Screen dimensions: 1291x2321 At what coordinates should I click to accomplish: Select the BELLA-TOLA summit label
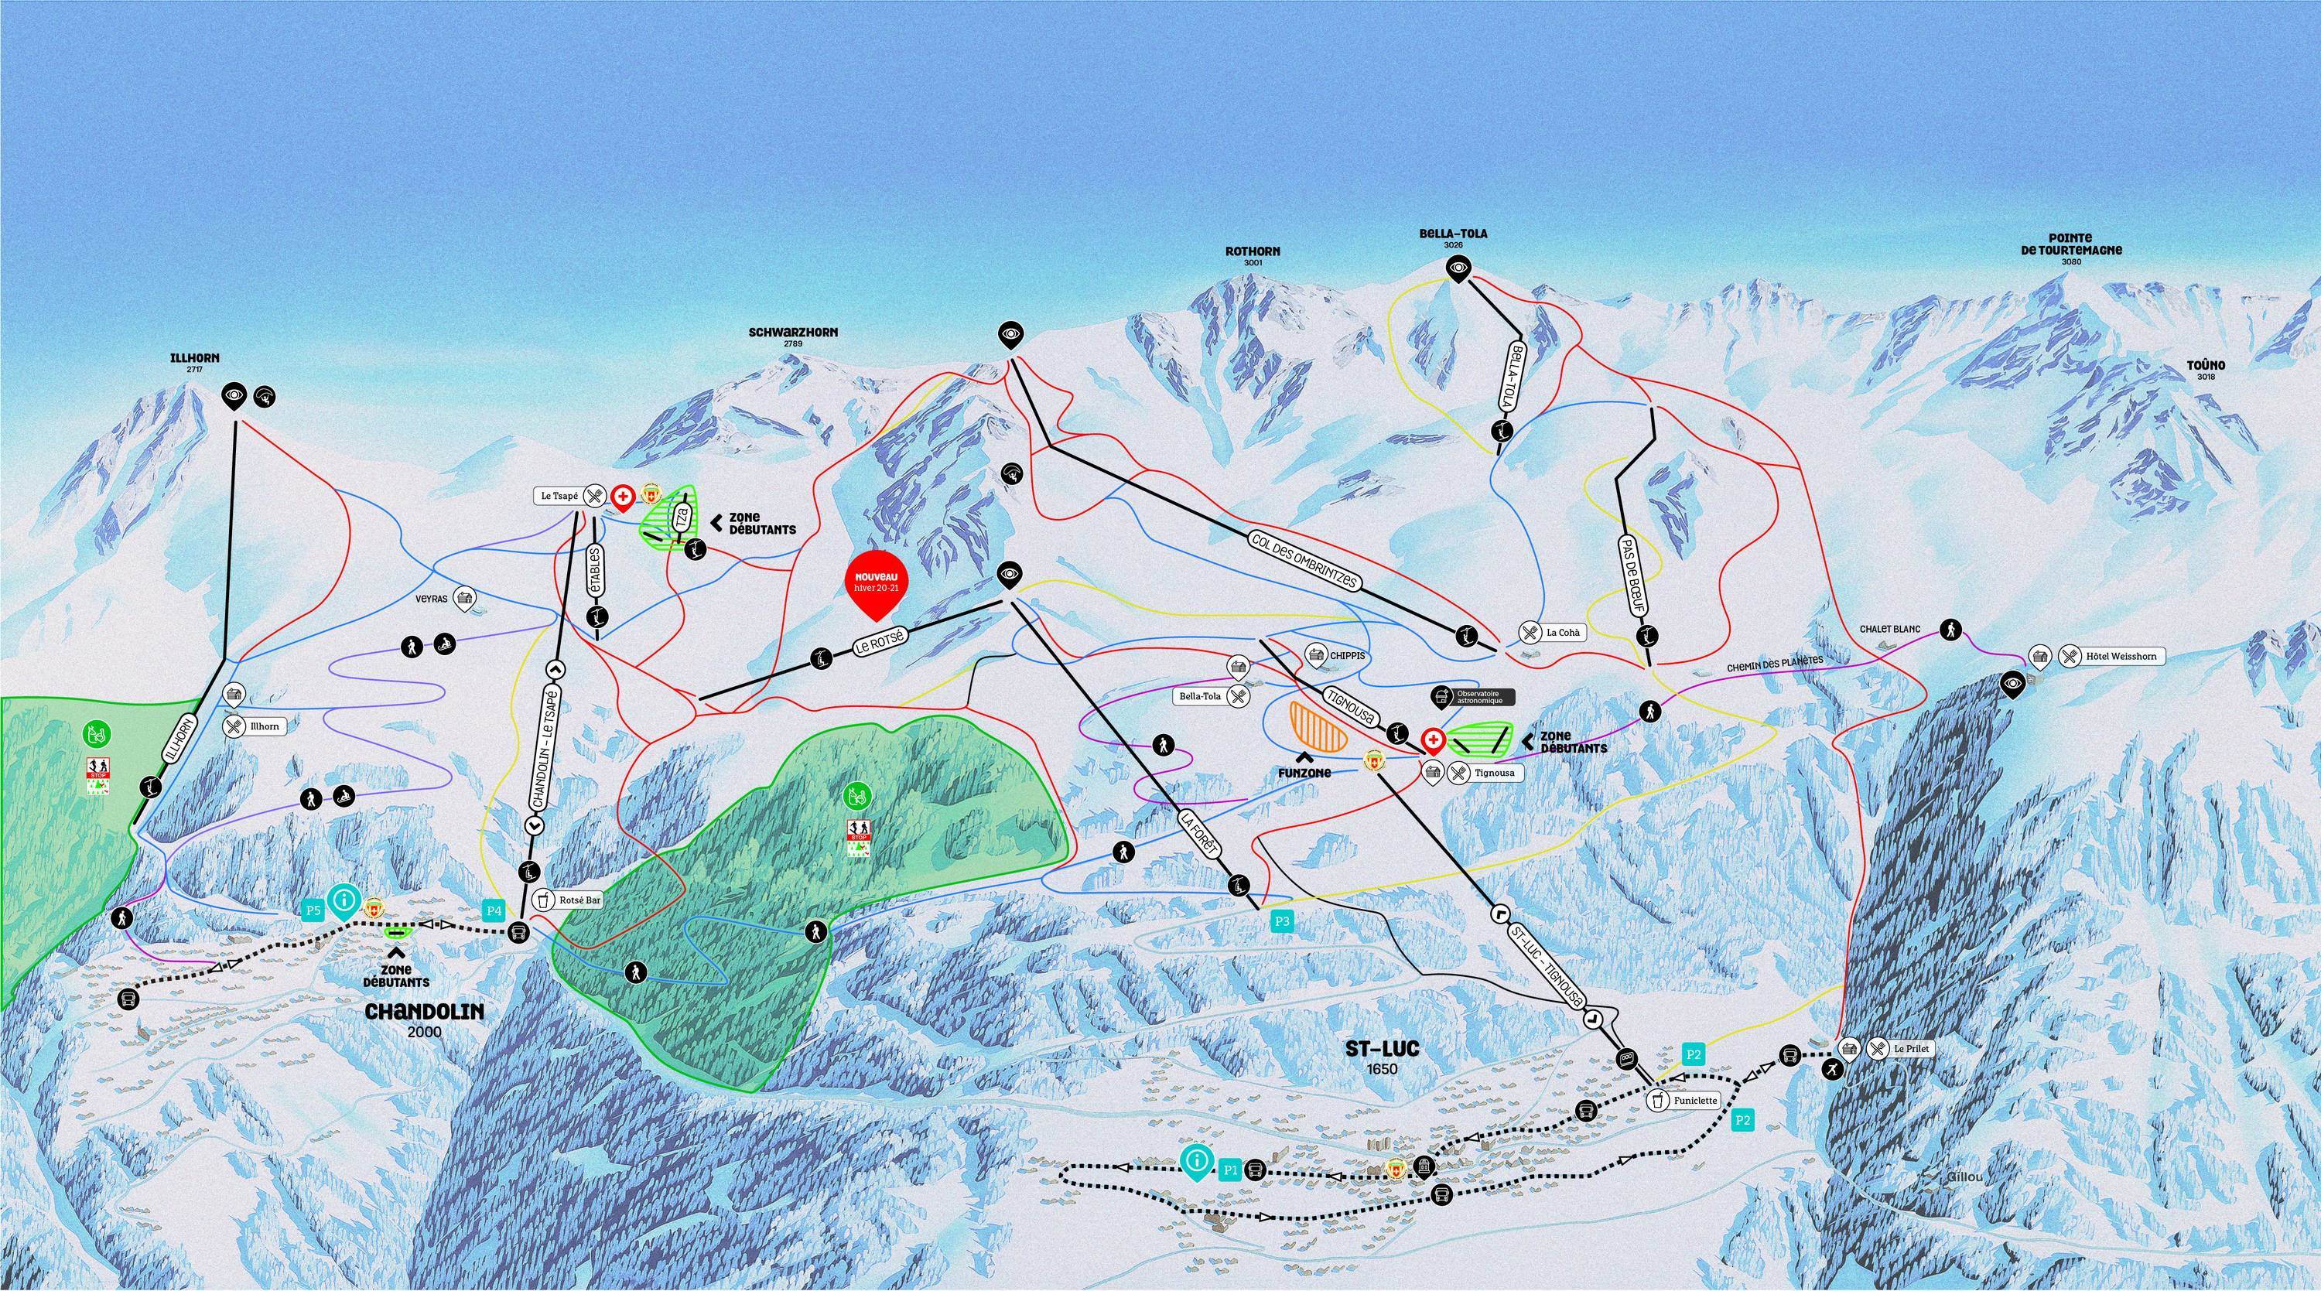pyautogui.click(x=1453, y=234)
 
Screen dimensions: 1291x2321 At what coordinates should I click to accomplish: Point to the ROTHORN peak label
pyautogui.click(x=1253, y=252)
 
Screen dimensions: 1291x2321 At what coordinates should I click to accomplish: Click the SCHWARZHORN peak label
pyautogui.click(x=793, y=333)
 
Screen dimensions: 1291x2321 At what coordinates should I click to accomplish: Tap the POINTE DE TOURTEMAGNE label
pyautogui.click(x=2071, y=244)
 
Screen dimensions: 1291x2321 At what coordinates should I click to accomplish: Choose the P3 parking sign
pyautogui.click(x=1282, y=920)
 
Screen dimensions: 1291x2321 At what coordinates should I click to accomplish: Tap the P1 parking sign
pyautogui.click(x=1230, y=1170)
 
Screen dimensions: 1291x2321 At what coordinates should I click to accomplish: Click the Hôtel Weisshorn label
pyautogui.click(x=2121, y=656)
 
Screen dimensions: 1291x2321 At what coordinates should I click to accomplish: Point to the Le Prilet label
pyautogui.click(x=1910, y=1049)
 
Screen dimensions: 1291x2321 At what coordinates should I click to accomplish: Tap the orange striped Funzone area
pyautogui.click(x=1318, y=727)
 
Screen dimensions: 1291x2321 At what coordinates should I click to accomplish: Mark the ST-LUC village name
pyautogui.click(x=1381, y=1050)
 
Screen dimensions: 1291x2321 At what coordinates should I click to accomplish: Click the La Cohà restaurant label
pyautogui.click(x=1562, y=633)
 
